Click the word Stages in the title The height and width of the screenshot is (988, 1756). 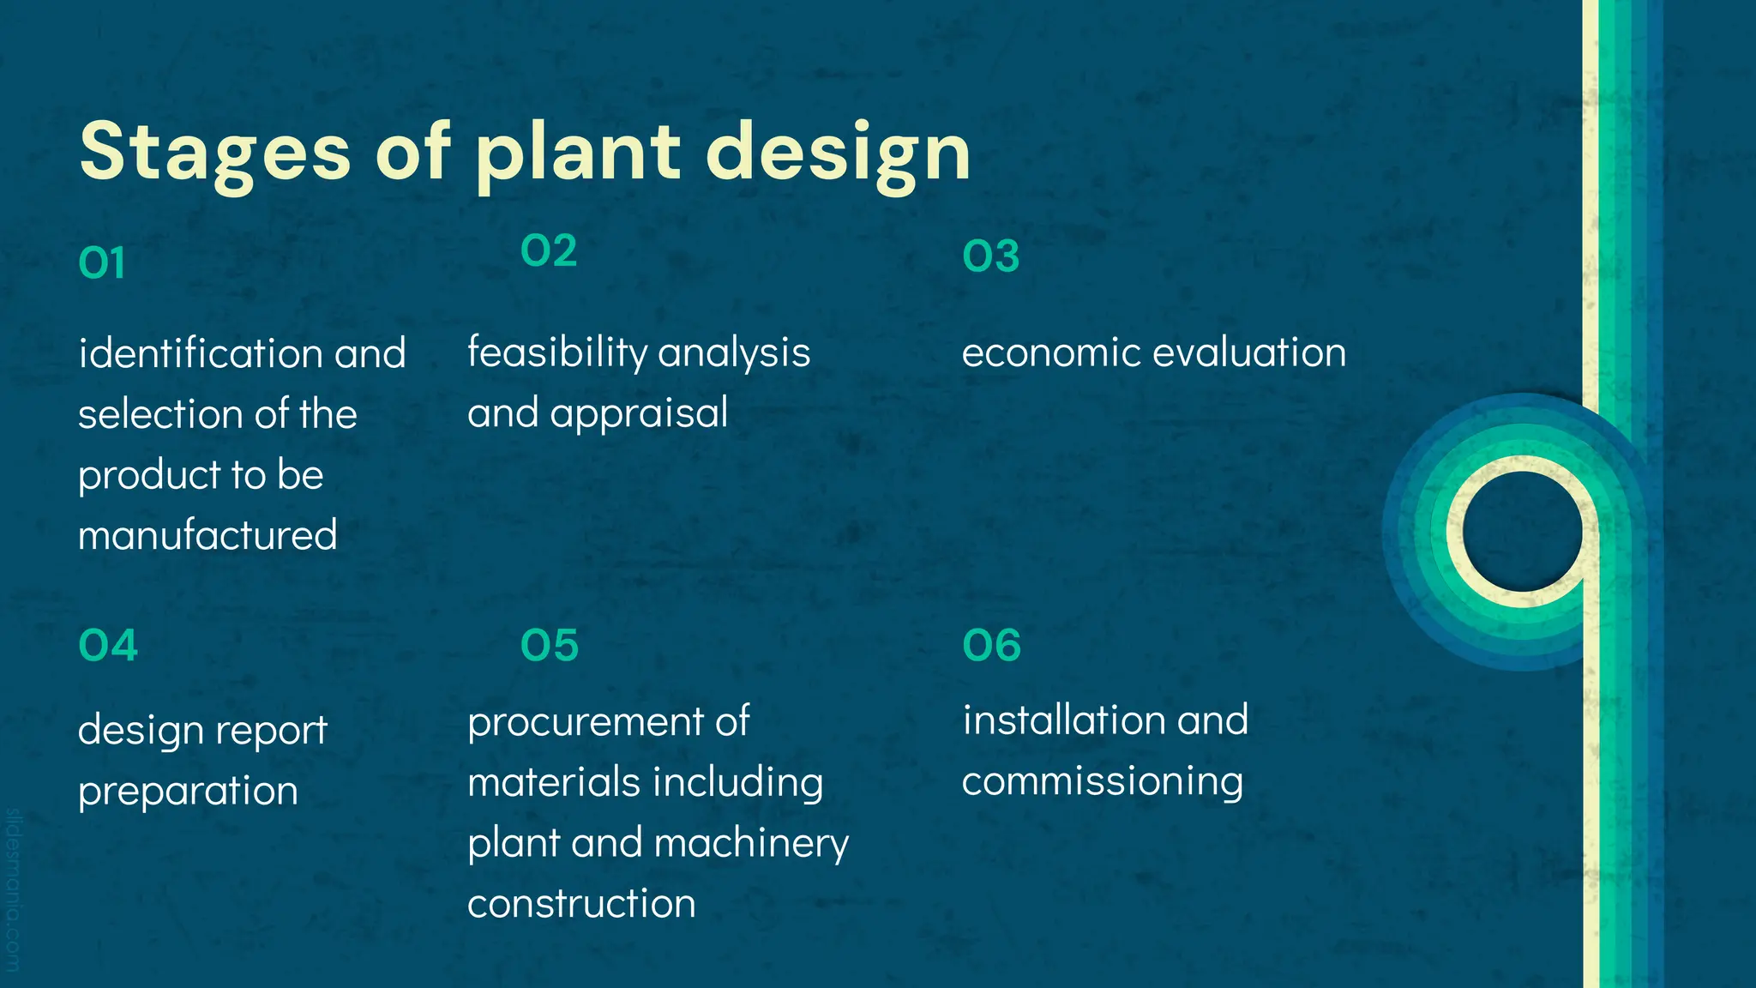pos(214,152)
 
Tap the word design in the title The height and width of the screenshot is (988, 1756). pos(838,152)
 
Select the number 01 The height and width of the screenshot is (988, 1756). pos(102,263)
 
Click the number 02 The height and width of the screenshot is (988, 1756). pos(549,251)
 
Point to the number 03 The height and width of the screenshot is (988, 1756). pos(991,256)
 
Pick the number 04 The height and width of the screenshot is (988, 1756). pos(108,646)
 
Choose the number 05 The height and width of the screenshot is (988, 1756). pos(550,646)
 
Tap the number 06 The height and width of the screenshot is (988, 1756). pos(992,646)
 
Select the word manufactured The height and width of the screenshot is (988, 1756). pos(207,535)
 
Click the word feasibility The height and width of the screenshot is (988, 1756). pos(557,352)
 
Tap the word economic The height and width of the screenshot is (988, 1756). pos(1049,352)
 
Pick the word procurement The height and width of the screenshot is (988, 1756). pos(583,722)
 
